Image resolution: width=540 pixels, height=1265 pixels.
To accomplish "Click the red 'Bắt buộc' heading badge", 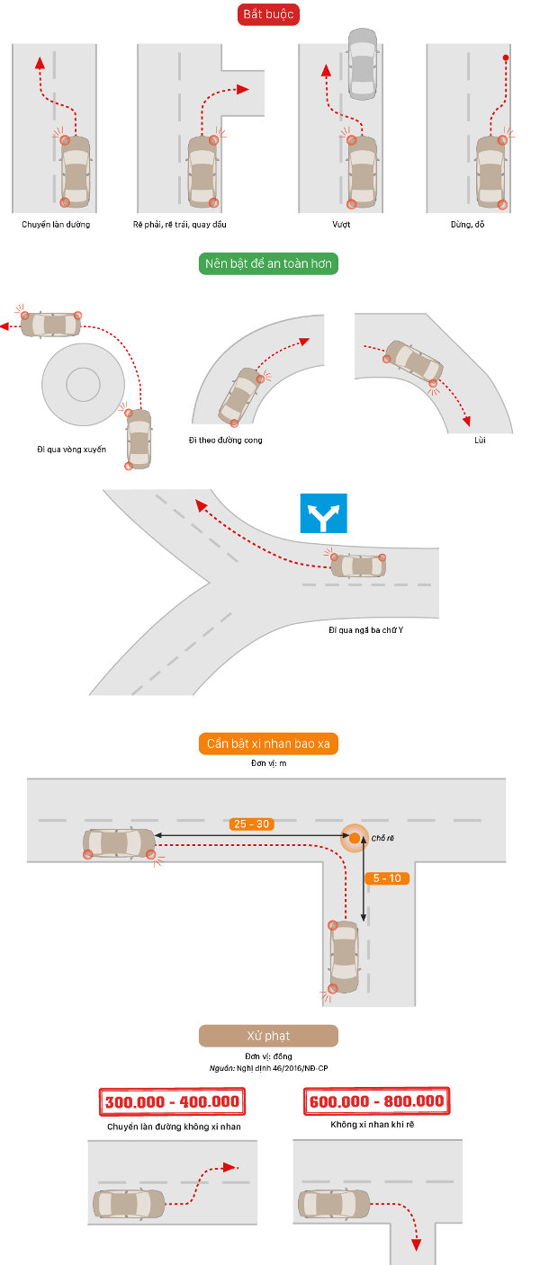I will click(268, 15).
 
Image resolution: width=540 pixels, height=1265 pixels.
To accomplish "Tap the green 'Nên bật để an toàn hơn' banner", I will click(268, 263).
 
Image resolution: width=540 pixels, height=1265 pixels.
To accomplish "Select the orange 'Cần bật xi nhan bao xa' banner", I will click(268, 744).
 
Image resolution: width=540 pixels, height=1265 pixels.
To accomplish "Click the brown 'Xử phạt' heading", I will click(268, 1035).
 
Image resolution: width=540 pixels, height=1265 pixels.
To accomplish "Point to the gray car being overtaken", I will click(362, 62).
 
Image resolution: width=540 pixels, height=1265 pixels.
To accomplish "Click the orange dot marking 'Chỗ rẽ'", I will click(355, 838).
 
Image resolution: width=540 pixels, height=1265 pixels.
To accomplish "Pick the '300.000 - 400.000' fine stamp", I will click(172, 1101).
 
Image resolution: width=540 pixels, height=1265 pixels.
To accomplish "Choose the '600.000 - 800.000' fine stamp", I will click(376, 1101).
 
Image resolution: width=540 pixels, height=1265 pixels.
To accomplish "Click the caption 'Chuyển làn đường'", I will click(56, 224).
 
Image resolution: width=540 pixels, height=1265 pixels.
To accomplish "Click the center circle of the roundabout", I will click(83, 385).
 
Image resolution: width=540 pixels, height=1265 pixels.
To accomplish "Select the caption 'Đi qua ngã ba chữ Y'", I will click(365, 629).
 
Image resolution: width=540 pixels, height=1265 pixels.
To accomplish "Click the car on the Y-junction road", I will click(357, 566).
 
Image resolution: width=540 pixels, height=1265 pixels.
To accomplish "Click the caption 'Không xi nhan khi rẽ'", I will click(375, 1124).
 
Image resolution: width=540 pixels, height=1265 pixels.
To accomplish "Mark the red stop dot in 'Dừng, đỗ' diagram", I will click(506, 58).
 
